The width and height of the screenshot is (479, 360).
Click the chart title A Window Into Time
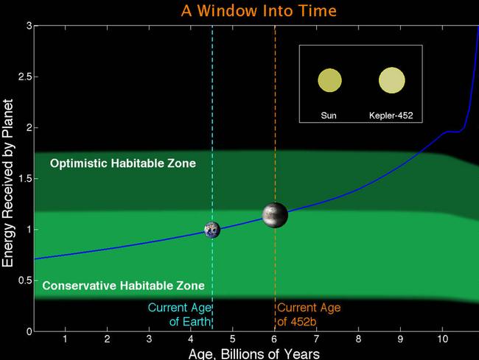coord(259,11)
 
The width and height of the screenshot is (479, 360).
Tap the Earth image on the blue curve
coord(212,230)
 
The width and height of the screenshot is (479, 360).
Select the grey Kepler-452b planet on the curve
coord(275,215)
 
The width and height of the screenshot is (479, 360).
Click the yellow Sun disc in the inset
coord(329,80)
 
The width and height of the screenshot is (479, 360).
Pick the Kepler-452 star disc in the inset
coord(392,80)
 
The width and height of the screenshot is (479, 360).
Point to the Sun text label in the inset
coord(329,116)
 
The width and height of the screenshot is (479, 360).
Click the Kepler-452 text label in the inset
coord(391,116)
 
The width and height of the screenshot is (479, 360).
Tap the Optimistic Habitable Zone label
coord(123,163)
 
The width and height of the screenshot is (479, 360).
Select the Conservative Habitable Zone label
coord(123,286)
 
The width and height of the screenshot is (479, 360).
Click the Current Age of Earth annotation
coord(180,314)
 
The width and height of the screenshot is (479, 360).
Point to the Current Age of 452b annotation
coord(309,314)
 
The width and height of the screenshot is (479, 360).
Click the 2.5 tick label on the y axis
coord(25,77)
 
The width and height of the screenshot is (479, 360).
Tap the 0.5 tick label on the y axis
coord(25,280)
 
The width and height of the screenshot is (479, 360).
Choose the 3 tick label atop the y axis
coord(29,26)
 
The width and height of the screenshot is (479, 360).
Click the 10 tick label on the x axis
coord(442,339)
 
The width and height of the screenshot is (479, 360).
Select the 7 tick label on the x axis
coord(316,339)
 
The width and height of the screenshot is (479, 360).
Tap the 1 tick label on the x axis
coord(65,339)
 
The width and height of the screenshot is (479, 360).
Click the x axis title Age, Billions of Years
coord(254,354)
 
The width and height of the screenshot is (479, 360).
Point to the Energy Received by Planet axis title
coord(8,183)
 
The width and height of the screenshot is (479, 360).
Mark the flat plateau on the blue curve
coord(453,132)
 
